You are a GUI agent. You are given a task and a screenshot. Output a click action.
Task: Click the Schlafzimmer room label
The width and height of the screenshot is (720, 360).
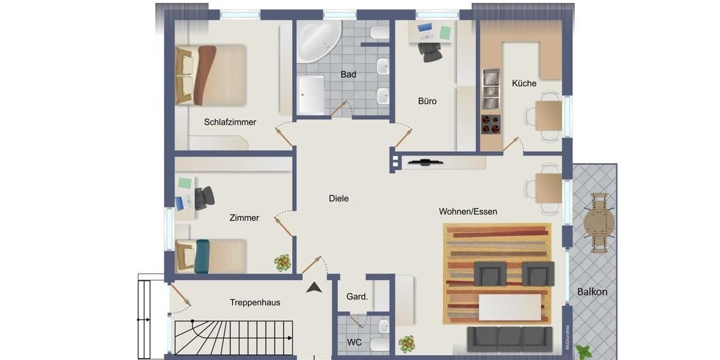point(230,122)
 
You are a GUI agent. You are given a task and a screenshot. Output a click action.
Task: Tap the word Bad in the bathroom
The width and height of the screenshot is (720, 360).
point(348,74)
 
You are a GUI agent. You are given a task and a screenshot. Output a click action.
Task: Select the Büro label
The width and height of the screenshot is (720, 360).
point(427,101)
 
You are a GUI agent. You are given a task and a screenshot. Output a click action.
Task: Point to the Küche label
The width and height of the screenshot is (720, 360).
point(524,83)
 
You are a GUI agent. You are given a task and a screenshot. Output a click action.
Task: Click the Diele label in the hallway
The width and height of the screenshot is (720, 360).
point(338,199)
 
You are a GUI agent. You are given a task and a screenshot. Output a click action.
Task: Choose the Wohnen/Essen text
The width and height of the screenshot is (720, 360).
point(468,212)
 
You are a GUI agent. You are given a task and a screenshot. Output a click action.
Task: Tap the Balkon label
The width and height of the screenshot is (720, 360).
point(592,292)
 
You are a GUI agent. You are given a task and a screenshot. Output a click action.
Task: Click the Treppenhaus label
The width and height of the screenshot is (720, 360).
point(255,302)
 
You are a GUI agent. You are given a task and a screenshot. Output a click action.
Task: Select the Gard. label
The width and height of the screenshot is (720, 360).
point(357,296)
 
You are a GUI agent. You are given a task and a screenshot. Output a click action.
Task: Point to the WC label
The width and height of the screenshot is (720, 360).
point(354,343)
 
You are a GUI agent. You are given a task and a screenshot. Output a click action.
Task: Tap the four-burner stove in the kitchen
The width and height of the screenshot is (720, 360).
point(491,124)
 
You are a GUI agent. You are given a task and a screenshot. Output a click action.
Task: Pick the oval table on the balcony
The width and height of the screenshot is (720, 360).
point(599,223)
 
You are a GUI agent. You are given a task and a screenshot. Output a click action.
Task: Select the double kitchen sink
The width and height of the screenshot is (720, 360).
point(491,84)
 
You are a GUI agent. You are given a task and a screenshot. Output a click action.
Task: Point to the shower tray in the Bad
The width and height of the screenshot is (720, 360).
point(311,94)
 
